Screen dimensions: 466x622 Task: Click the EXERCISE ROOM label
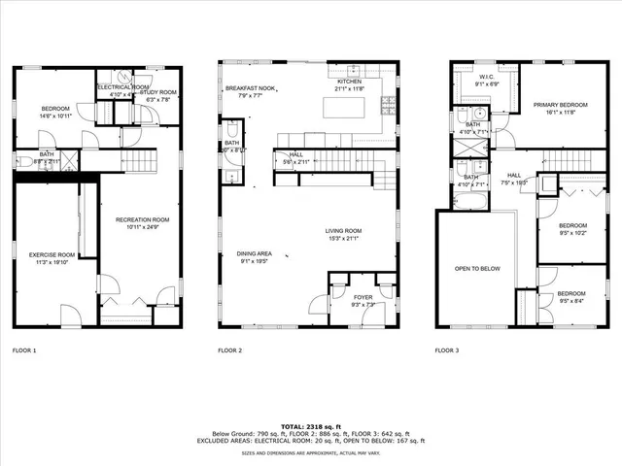click(53, 255)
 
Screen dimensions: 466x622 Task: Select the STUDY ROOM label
click(157, 91)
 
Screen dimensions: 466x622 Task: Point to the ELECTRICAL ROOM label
click(123, 86)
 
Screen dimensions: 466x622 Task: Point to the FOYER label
click(362, 297)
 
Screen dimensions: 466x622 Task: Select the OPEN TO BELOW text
click(477, 269)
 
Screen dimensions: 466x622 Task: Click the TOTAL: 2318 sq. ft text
click(311, 426)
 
